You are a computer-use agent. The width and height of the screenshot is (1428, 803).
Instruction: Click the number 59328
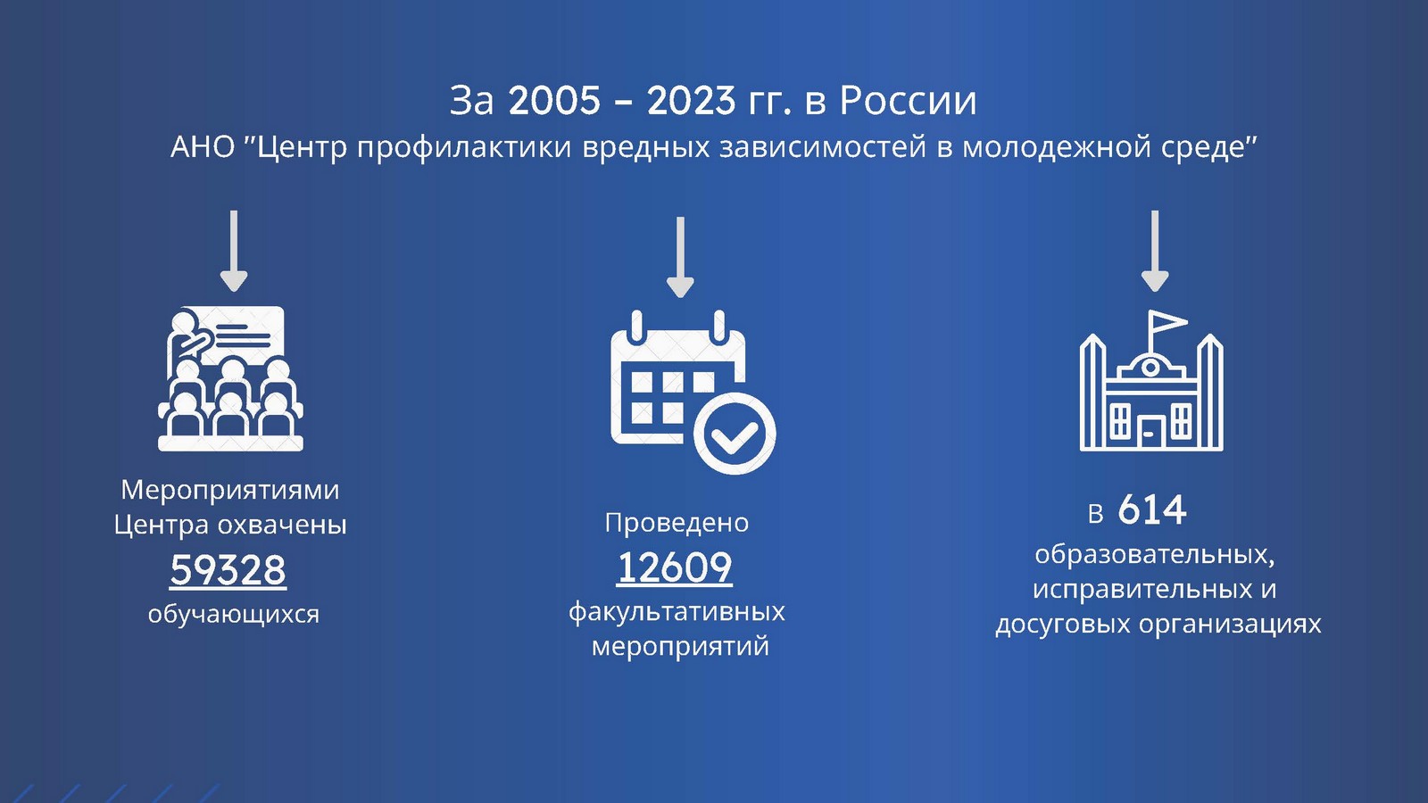[228, 569]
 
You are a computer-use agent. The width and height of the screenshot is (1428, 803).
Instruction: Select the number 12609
[675, 567]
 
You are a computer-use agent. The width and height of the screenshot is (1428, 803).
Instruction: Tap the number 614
[1152, 509]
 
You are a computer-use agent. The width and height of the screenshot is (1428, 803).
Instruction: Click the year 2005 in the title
[554, 101]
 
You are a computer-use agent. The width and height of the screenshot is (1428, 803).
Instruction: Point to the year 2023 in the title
[693, 101]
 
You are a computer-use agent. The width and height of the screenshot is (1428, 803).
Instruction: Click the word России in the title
[908, 101]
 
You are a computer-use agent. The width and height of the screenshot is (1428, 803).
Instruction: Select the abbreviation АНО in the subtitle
[203, 148]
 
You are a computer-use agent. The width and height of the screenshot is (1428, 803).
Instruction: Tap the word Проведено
[677, 523]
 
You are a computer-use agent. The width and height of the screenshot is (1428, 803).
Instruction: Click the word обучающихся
[233, 615]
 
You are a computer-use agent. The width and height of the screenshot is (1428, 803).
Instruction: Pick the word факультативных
[677, 612]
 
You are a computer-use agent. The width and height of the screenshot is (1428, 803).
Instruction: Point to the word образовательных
[1155, 554]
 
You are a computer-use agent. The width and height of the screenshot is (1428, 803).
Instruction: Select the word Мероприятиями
[230, 490]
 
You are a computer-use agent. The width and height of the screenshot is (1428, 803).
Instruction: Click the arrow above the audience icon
[234, 251]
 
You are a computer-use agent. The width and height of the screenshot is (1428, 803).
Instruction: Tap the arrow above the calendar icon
[680, 258]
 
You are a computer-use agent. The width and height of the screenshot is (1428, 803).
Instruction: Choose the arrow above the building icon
[1155, 251]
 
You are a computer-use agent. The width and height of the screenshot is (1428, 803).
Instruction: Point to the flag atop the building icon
[1166, 322]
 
